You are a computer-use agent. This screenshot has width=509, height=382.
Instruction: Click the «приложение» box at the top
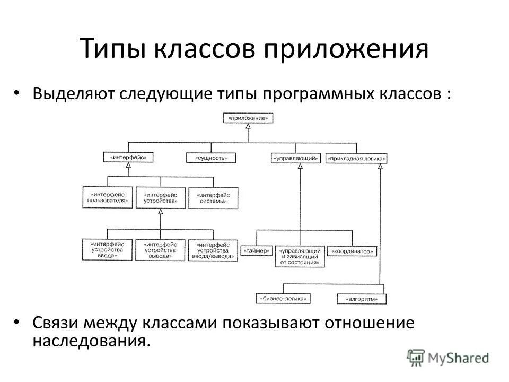248,118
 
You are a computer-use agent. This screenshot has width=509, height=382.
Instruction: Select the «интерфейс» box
128,158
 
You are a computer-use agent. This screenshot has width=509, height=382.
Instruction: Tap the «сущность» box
211,158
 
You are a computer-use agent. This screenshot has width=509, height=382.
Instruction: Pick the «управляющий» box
296,158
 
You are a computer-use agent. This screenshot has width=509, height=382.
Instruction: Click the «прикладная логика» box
356,158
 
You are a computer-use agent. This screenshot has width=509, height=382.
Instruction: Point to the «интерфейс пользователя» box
108,197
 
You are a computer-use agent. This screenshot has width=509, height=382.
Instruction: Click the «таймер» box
257,250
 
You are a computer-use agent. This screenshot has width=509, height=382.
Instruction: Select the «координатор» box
352,250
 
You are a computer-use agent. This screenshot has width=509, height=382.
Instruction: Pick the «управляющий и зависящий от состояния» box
300,255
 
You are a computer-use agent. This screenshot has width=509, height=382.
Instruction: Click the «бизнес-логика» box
283,299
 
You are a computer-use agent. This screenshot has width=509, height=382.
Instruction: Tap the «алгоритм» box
363,299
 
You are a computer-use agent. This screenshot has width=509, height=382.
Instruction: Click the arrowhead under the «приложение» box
248,127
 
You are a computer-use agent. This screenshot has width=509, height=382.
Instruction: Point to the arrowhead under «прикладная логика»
380,167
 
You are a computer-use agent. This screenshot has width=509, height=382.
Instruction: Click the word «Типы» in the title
115,49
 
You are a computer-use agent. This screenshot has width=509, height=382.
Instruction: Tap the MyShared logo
449,357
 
